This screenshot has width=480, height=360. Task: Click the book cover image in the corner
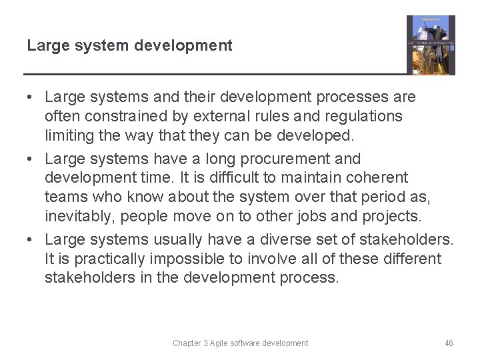(x=431, y=45)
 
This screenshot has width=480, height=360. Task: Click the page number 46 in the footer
(x=449, y=343)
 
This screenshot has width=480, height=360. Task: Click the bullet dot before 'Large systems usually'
(x=31, y=240)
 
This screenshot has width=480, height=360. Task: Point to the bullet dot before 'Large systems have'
(x=31, y=159)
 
